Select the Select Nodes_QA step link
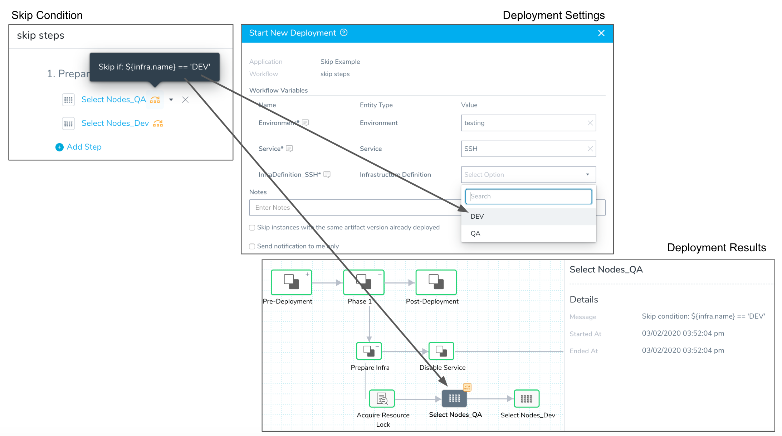click(x=113, y=100)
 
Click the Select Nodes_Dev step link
click(x=115, y=123)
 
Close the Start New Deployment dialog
click(x=601, y=33)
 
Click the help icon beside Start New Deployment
click(x=344, y=33)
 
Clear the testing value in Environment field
click(x=590, y=123)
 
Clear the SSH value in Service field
click(x=590, y=149)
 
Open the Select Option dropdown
click(x=528, y=175)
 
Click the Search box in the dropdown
click(x=528, y=197)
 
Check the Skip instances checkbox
click(x=252, y=228)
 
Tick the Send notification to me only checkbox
click(x=252, y=246)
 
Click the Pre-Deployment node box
click(x=292, y=282)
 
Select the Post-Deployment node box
click(x=436, y=282)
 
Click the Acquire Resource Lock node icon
click(x=382, y=398)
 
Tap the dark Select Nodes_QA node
click(x=454, y=398)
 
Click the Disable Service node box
click(x=441, y=351)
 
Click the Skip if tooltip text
click(x=154, y=67)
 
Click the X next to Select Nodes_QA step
click(x=185, y=100)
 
